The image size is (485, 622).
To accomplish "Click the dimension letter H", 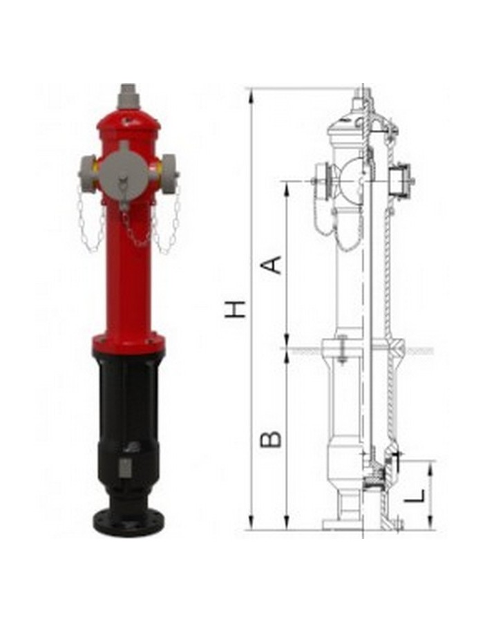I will [x=236, y=309].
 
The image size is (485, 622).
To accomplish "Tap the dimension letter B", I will [x=271, y=439].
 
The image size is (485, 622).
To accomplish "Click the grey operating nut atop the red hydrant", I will [x=128, y=97].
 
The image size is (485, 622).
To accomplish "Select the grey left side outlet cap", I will [x=87, y=170].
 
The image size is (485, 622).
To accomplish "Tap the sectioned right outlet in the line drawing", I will [x=400, y=181].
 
